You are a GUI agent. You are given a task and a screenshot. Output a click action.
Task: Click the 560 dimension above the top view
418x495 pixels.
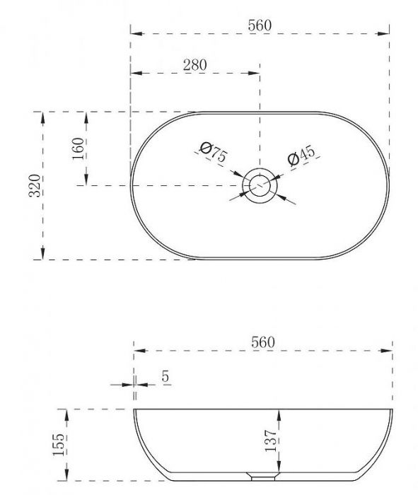tap(260, 25)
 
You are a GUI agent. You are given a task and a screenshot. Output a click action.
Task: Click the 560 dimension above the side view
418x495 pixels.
tap(263, 342)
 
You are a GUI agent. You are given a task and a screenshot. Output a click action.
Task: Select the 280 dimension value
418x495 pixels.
tap(195, 65)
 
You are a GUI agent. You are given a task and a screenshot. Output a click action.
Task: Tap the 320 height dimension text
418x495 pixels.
tap(35, 185)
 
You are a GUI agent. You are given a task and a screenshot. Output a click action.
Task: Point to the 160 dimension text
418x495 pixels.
tap(79, 148)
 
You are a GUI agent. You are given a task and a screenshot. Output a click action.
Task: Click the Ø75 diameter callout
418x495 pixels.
tap(214, 152)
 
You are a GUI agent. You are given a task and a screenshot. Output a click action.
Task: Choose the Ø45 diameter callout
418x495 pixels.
tap(301, 155)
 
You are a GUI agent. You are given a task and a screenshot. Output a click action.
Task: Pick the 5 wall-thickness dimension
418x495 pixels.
tap(166, 376)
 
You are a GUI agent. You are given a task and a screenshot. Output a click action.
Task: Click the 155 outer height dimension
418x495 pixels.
tap(59, 445)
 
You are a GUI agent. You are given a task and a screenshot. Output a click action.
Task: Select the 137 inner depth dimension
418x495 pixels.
tap(271, 441)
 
